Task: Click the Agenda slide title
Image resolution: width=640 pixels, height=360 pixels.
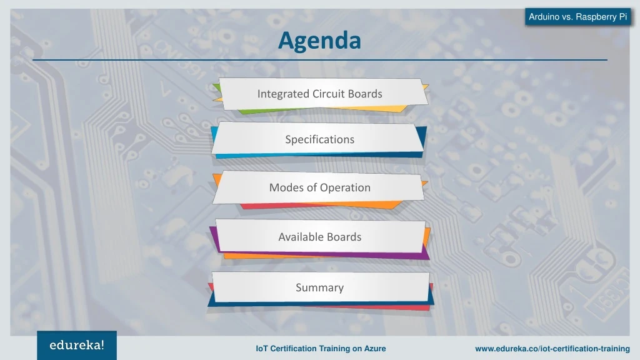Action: (x=319, y=41)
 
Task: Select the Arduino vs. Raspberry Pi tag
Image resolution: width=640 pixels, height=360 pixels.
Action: (x=577, y=17)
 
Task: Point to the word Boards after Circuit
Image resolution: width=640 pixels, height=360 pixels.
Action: (x=365, y=94)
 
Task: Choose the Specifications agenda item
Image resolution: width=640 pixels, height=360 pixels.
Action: (x=319, y=139)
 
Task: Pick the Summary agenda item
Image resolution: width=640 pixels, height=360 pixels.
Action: (x=319, y=287)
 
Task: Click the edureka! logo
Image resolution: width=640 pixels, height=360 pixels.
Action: (x=77, y=345)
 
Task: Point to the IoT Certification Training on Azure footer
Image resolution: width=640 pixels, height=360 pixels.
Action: (x=321, y=349)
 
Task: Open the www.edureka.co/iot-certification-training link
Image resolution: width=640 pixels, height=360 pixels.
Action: (x=552, y=349)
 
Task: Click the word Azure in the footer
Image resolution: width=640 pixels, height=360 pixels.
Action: (x=373, y=349)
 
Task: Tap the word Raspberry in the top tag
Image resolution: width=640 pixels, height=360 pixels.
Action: (x=596, y=17)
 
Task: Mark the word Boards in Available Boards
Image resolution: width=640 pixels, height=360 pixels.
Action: (x=345, y=237)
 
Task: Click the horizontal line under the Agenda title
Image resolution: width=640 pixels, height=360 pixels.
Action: (x=319, y=60)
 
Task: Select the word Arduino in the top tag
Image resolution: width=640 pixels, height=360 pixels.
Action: (x=544, y=17)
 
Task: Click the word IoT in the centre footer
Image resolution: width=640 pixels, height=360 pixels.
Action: (x=262, y=349)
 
